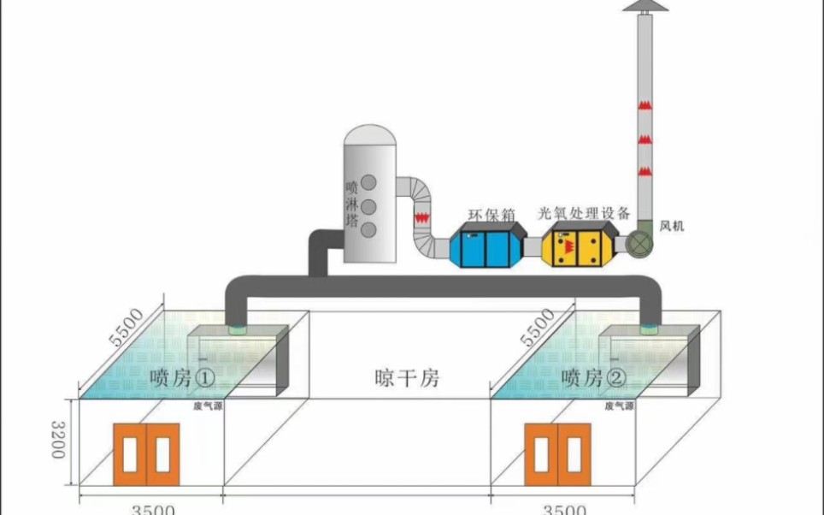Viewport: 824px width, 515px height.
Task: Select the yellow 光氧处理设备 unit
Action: pos(580,246)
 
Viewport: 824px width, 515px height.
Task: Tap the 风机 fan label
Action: pos(672,226)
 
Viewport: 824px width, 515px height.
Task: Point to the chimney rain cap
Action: pos(646,6)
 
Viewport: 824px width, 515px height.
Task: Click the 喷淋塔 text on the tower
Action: pos(351,203)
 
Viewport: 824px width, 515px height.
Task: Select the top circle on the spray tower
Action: pos(370,182)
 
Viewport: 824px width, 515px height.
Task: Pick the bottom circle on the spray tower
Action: pos(370,229)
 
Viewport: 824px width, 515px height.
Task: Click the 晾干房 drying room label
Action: pos(407,377)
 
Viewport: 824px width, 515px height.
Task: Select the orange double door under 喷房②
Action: pos(556,454)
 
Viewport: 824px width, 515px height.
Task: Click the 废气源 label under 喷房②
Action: pos(619,406)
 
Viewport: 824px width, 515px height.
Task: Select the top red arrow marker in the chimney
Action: pos(645,105)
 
